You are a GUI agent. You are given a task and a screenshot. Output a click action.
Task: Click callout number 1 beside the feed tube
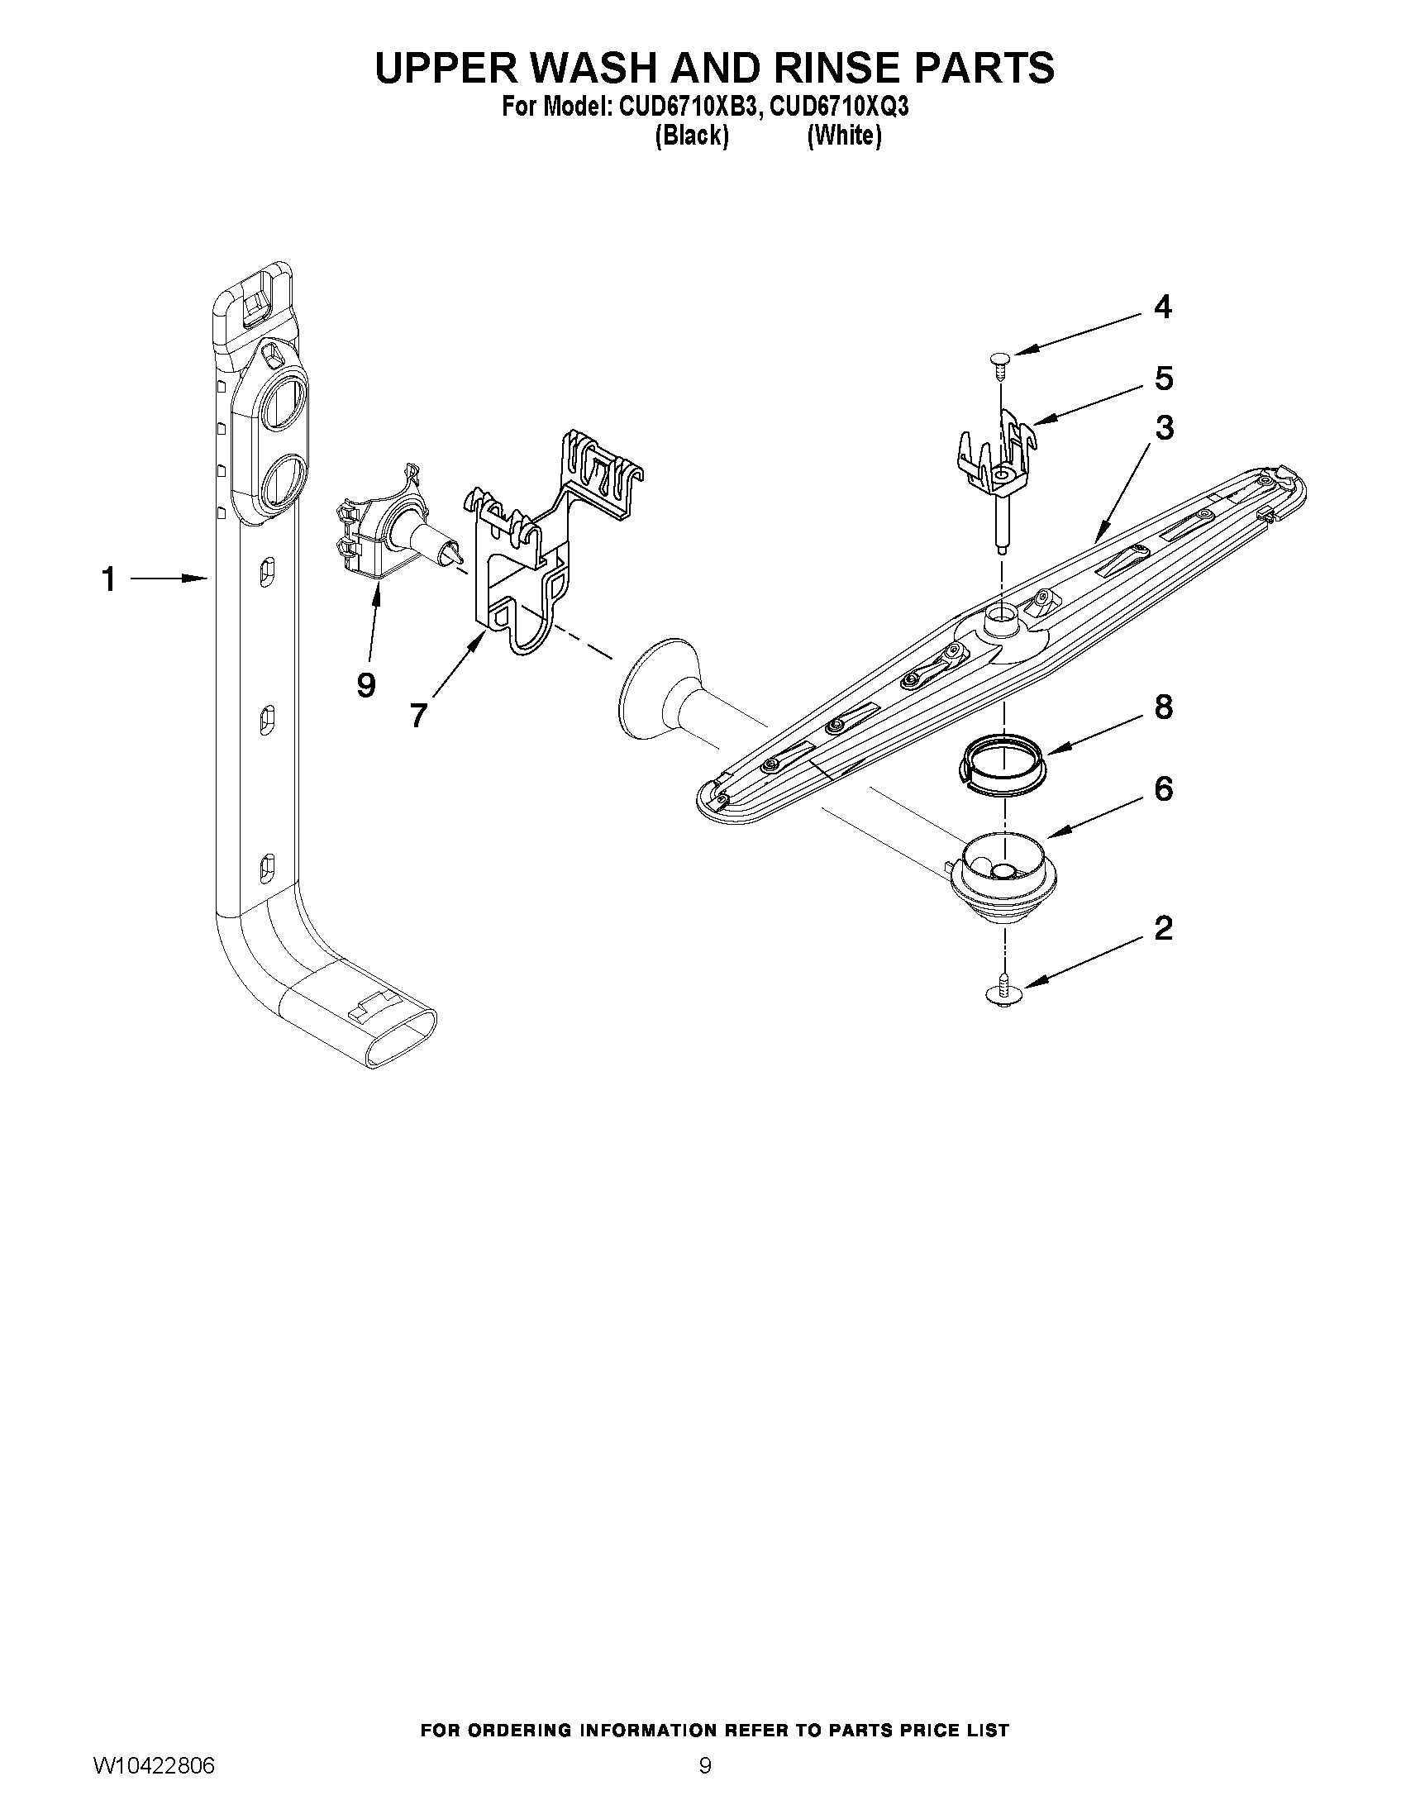pyautogui.click(x=108, y=579)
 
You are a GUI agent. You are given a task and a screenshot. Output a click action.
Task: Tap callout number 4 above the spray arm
pyautogui.click(x=1163, y=307)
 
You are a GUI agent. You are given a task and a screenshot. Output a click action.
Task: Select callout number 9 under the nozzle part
pyautogui.click(x=365, y=685)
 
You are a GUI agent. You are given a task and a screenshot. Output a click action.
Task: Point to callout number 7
pyautogui.click(x=418, y=716)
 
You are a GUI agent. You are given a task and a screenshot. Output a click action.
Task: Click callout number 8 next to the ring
pyautogui.click(x=1164, y=707)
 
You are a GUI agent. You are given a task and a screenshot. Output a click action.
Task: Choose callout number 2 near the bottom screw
pyautogui.click(x=1164, y=928)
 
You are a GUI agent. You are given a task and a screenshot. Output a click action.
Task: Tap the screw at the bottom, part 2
pyautogui.click(x=1005, y=993)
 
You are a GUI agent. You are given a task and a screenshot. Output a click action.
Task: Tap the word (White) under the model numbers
pyautogui.click(x=844, y=135)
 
